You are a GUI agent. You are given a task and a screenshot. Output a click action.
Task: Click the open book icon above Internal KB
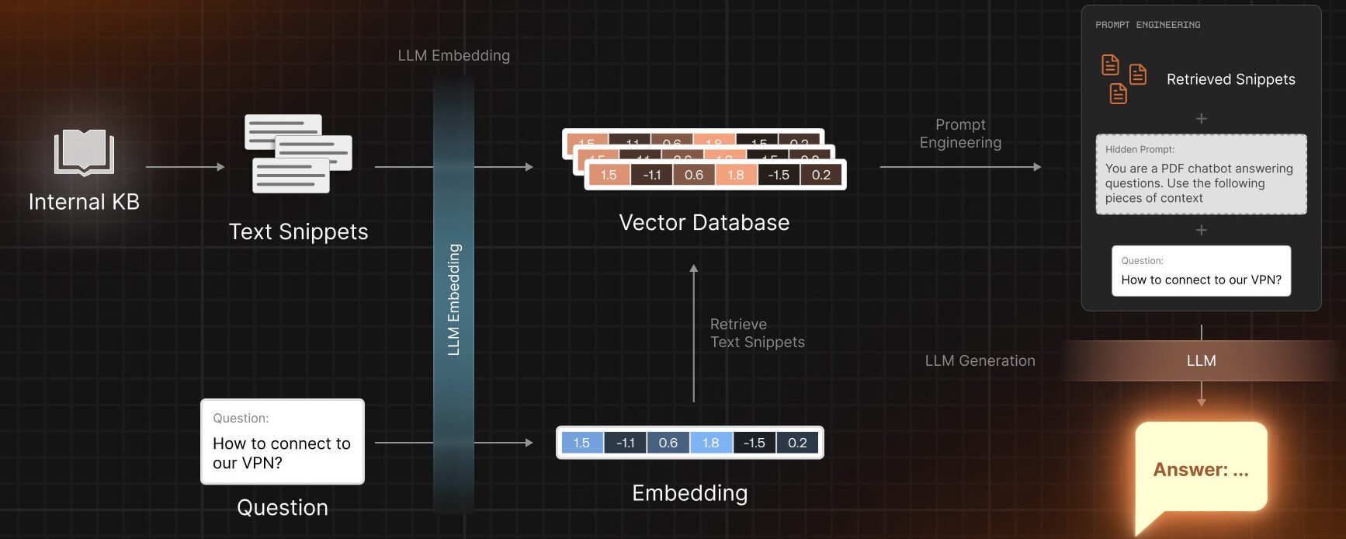click(84, 152)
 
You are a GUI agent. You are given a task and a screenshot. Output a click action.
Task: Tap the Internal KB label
click(84, 202)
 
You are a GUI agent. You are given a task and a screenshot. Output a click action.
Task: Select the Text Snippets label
click(298, 231)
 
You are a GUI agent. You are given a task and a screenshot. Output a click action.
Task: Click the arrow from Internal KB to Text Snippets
click(185, 167)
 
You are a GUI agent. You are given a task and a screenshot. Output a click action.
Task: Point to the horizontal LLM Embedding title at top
click(453, 56)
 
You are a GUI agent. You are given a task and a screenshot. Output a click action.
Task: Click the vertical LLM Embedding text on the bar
click(454, 300)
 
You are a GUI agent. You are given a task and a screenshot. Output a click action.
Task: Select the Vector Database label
click(704, 223)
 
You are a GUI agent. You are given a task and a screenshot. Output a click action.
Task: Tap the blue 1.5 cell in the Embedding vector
click(581, 443)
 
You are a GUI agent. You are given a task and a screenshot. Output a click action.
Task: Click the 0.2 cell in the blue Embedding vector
click(797, 443)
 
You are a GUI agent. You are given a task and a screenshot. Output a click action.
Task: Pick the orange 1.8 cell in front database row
click(735, 175)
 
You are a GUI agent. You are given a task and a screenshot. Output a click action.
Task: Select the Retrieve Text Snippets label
click(757, 333)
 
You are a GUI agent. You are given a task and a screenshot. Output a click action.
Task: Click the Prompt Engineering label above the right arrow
click(960, 134)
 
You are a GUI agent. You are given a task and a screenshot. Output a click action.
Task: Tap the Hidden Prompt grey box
click(1201, 175)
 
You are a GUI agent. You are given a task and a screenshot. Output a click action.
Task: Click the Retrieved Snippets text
click(1230, 79)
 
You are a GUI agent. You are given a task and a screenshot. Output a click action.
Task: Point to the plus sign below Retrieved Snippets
click(1201, 119)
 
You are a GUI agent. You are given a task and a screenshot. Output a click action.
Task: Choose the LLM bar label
click(1201, 360)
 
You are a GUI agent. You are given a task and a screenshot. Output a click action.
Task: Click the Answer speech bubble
click(1201, 468)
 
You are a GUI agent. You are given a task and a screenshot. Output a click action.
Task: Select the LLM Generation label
click(980, 360)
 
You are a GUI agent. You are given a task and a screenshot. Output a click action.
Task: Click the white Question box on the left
click(283, 441)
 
